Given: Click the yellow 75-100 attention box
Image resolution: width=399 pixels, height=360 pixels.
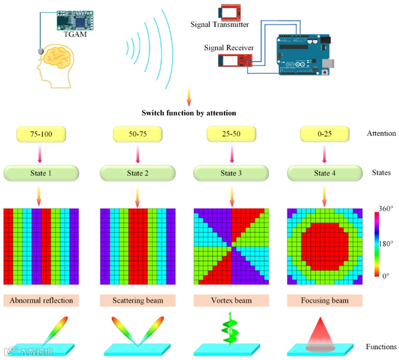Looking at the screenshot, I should pos(41,134).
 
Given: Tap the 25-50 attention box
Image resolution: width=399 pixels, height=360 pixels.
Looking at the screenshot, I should pos(231,134).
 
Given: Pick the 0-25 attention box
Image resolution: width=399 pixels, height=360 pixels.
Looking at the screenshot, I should pos(324,134).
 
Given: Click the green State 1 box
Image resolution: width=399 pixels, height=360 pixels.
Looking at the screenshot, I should pos(41,173).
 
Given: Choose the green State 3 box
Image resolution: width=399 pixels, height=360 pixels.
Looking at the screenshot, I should pos(231,173).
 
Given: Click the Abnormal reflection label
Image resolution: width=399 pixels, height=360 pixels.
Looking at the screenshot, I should pos(41,301).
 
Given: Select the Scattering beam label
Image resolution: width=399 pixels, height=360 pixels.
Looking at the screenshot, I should pos(137,301).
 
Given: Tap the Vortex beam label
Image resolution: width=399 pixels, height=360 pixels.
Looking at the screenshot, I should pos(231,301).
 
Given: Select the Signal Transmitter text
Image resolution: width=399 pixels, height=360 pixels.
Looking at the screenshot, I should pos(220,25).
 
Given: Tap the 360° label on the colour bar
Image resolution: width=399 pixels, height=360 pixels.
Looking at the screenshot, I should pos(385,209).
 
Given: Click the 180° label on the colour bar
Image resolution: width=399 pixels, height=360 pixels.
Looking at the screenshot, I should pos(385,243).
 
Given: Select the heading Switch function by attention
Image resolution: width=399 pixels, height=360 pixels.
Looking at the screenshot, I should pos(189,113).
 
